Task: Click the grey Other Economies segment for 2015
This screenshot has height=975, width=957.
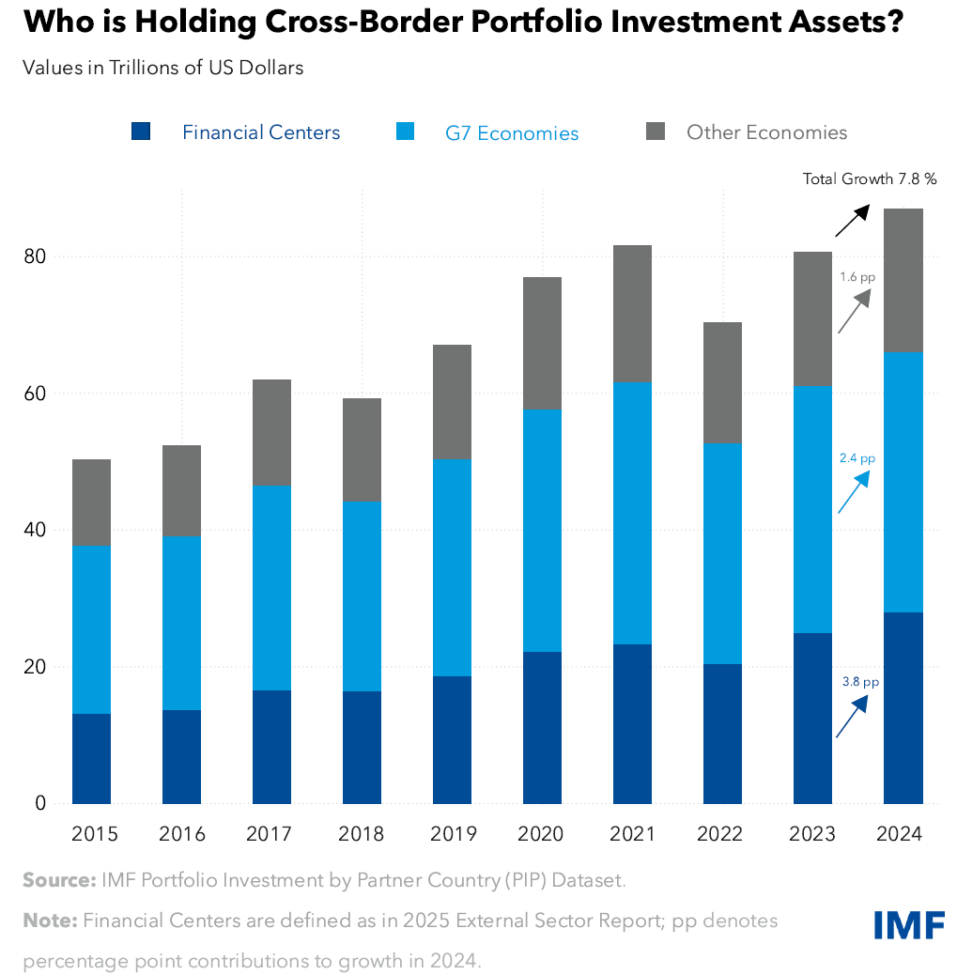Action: [x=91, y=503]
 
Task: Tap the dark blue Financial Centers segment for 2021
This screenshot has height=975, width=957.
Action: [x=632, y=723]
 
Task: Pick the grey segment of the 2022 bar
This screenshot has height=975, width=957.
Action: [x=722, y=382]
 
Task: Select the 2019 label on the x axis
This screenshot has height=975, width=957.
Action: [x=454, y=834]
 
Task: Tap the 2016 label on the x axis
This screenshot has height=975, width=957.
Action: [x=181, y=834]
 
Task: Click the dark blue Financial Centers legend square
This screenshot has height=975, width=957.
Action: [x=141, y=132]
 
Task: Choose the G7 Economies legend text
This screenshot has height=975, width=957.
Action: [x=512, y=133]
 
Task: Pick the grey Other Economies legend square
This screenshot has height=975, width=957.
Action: [x=656, y=132]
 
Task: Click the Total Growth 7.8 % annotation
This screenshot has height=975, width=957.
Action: [x=870, y=178]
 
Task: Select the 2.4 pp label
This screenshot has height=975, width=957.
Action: [x=856, y=458]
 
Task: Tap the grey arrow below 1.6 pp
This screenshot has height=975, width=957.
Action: [x=855, y=312]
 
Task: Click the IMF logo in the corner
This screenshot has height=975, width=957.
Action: [x=908, y=924]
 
